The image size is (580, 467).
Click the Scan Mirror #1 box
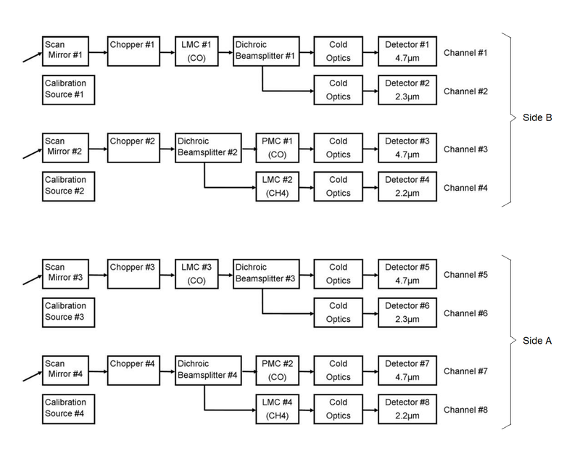pos(65,50)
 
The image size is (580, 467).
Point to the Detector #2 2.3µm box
pos(407,88)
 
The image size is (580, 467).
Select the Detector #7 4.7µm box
pos(407,369)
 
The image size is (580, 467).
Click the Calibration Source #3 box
pos(65,311)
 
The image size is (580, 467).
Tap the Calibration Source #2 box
pos(65,185)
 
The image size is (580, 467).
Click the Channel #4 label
pos(465,188)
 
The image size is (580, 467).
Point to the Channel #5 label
pos(465,276)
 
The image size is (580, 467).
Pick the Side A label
pos(537,340)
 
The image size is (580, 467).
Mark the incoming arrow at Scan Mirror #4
pos(32,376)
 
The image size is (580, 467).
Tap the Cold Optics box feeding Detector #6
pos(338,311)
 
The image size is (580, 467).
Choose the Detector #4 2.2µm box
pos(407,185)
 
